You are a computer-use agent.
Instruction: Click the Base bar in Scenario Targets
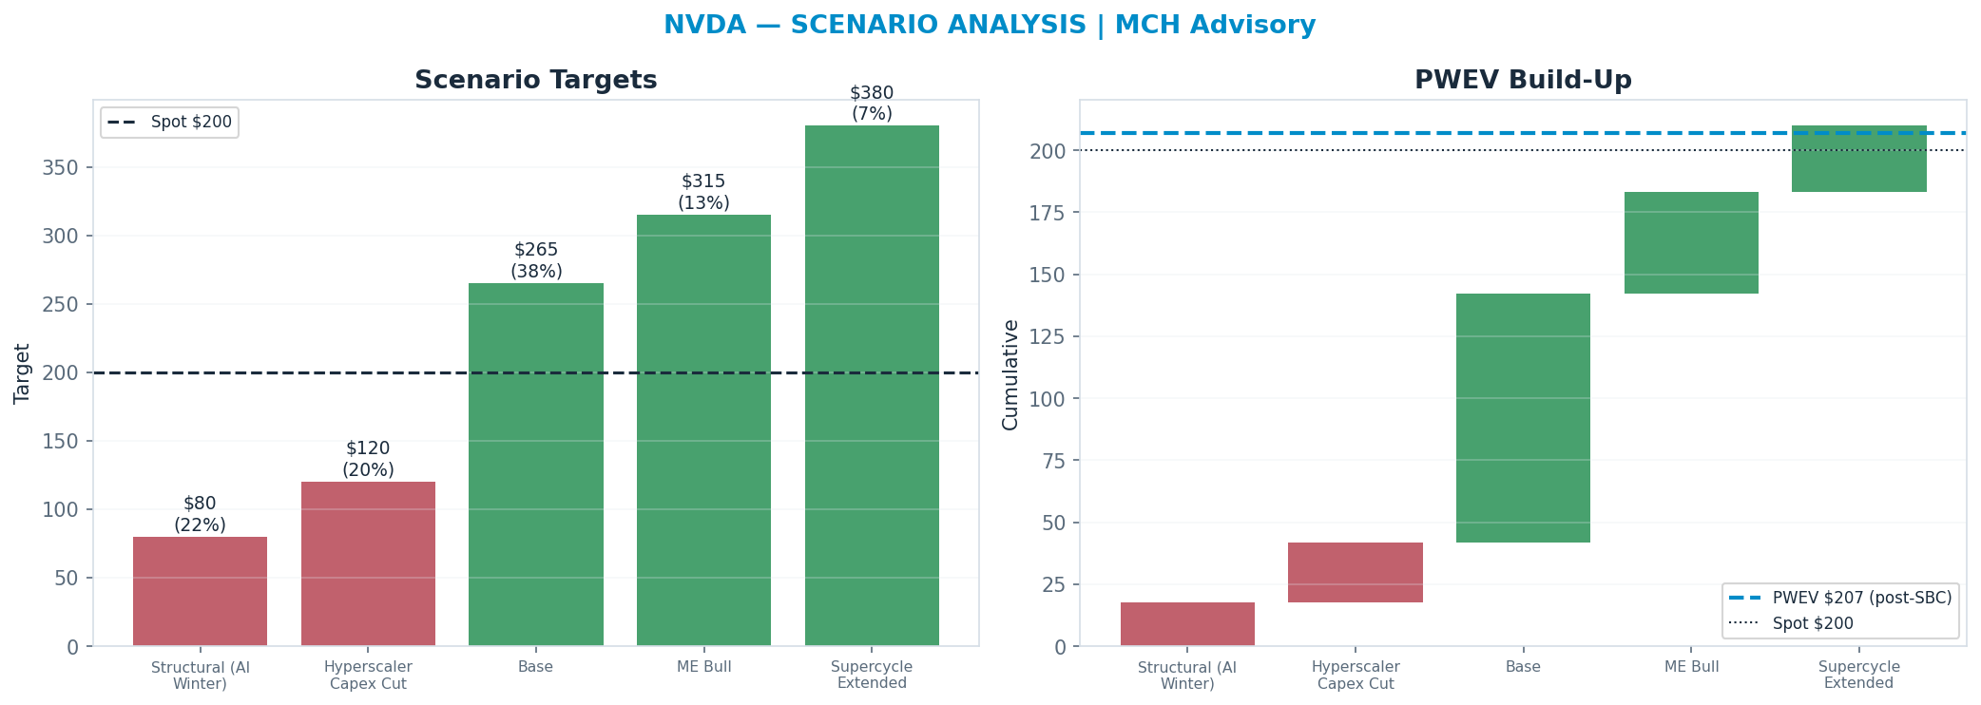click(536, 465)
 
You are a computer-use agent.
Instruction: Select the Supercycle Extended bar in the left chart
click(872, 386)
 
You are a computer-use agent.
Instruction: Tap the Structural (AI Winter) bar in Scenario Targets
click(200, 591)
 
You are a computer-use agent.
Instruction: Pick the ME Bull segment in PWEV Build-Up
click(1691, 243)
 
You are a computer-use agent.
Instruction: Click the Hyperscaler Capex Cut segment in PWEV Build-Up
click(1356, 572)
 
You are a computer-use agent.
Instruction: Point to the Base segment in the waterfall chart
click(1523, 418)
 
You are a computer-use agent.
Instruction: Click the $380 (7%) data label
click(872, 104)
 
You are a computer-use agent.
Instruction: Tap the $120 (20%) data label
click(368, 459)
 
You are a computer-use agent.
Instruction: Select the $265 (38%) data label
click(536, 260)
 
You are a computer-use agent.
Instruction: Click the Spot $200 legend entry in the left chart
click(170, 123)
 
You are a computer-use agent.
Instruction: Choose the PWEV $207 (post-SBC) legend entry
click(1840, 598)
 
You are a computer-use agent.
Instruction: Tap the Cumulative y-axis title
click(1010, 374)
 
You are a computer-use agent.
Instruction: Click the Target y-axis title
click(23, 373)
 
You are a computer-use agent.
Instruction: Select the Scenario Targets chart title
click(536, 81)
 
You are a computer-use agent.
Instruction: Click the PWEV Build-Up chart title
click(1523, 81)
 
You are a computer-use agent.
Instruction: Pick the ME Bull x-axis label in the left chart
click(704, 667)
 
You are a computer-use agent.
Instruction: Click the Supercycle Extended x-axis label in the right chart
click(1858, 675)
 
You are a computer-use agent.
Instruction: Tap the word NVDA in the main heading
click(704, 26)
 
